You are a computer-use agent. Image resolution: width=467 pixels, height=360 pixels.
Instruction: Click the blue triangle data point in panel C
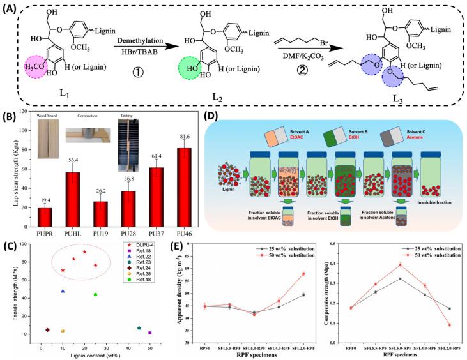click(63, 291)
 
